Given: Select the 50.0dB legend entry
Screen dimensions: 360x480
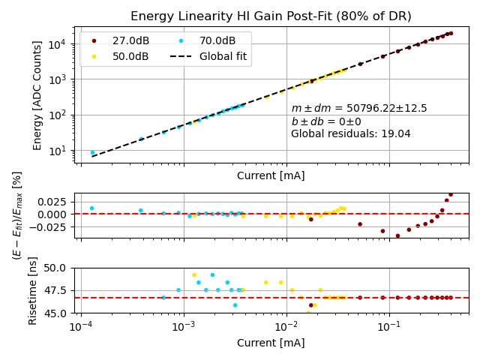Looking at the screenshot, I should pos(130,56).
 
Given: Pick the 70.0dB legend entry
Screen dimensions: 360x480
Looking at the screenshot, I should pos(217,40).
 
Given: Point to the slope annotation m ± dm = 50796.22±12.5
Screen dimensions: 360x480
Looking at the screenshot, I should pos(359,109).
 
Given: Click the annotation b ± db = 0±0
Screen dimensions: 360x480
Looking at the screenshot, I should pos(326,121).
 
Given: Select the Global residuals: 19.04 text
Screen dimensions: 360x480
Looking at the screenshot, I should pos(351,134).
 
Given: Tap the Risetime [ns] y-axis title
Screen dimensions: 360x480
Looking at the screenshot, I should pos(33,290).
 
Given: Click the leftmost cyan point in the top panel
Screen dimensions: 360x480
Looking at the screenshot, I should pos(92,153).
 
